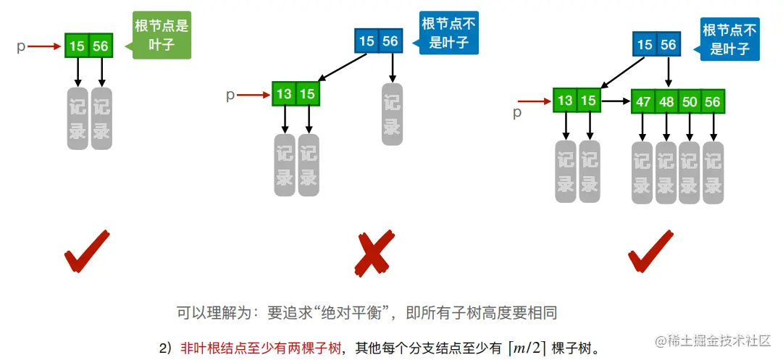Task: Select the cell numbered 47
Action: [643, 102]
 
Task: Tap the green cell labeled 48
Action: [666, 102]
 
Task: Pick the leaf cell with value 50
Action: [690, 102]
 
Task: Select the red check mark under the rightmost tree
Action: [649, 251]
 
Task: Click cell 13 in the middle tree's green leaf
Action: [284, 94]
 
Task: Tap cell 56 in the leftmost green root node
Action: [101, 46]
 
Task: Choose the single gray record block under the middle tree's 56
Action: [392, 114]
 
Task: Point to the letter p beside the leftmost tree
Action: [21, 46]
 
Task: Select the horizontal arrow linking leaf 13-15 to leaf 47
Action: [616, 101]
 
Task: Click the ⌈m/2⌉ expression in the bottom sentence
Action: [527, 347]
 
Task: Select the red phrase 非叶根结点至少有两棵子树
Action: [261, 348]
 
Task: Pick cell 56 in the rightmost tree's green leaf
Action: [713, 102]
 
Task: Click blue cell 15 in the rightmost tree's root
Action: [645, 45]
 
